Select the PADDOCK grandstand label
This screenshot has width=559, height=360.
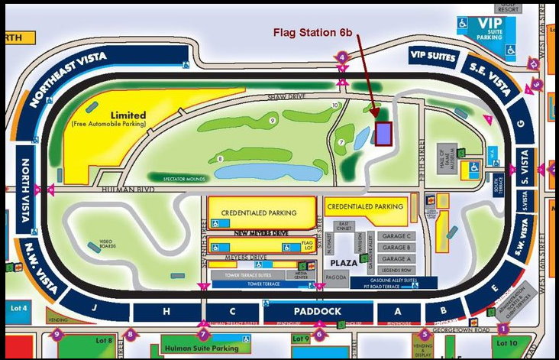click(319, 312)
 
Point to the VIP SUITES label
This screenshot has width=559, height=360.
click(433, 56)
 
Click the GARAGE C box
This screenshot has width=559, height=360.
click(396, 236)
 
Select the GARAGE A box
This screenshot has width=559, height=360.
click(396, 259)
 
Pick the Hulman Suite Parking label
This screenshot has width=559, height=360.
click(198, 349)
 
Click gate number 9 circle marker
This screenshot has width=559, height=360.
click(57, 334)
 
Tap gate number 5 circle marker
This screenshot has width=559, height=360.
click(425, 334)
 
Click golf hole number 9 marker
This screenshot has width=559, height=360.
click(273, 120)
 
